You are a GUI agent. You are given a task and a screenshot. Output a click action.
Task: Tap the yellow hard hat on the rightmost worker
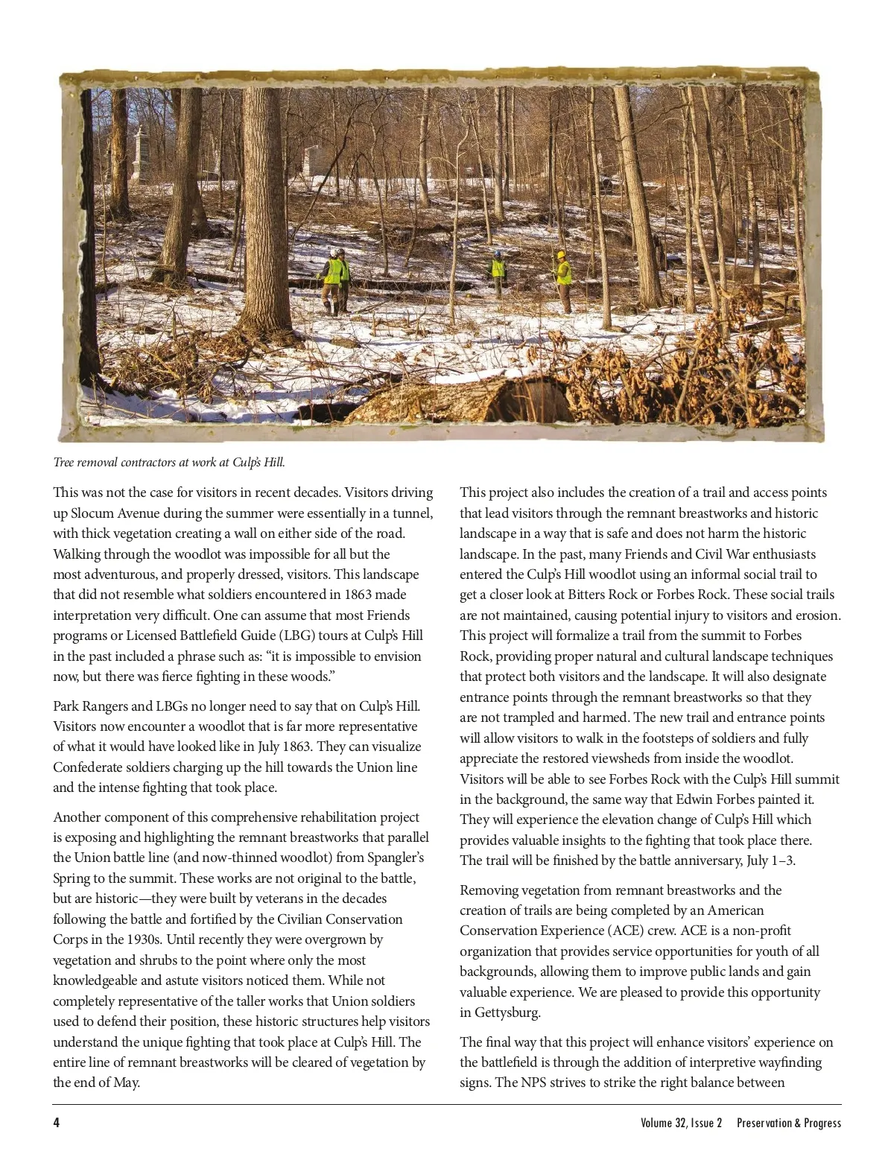(560, 255)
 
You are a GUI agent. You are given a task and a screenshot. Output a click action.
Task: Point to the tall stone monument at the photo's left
(139, 156)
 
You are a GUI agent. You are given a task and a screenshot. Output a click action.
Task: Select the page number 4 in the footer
(57, 1123)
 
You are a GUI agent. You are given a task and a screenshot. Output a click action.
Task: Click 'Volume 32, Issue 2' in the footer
(681, 1123)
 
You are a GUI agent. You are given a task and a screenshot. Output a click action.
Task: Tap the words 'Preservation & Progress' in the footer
(789, 1123)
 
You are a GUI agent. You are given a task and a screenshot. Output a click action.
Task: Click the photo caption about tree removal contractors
(169, 463)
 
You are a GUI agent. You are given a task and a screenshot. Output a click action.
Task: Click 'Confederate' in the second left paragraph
(88, 767)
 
